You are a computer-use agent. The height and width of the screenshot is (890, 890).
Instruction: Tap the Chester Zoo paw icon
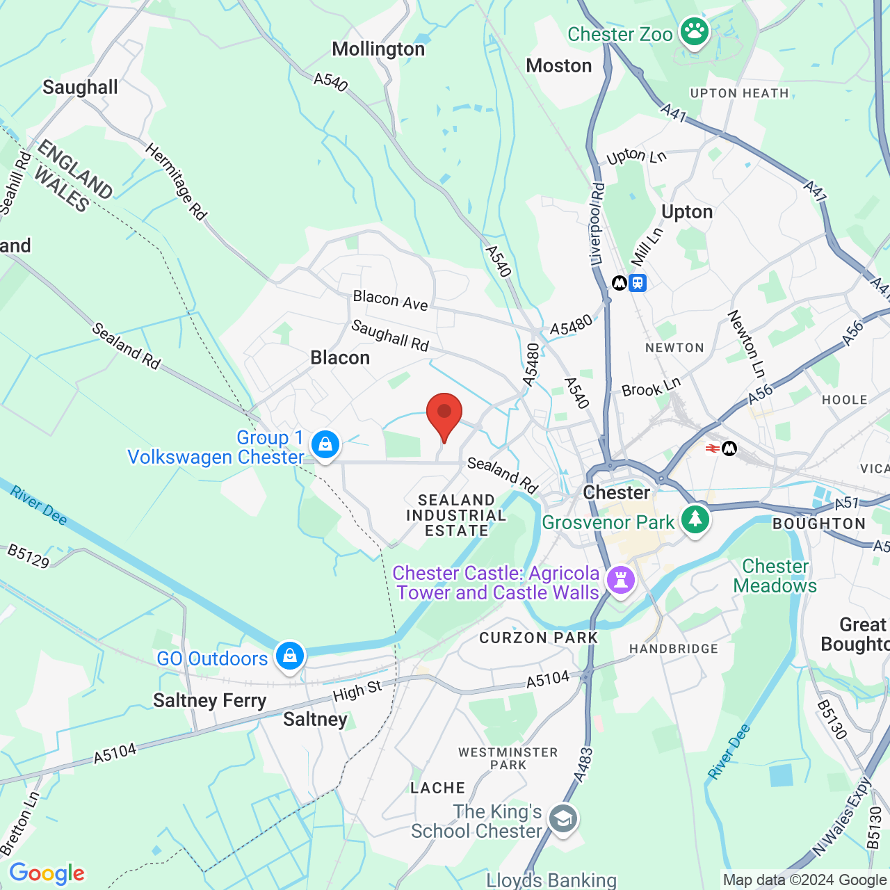pyautogui.click(x=694, y=32)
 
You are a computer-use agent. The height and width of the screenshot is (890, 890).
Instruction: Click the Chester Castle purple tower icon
pyautogui.click(x=620, y=579)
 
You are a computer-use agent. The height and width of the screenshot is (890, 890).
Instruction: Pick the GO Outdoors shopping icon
pyautogui.click(x=290, y=656)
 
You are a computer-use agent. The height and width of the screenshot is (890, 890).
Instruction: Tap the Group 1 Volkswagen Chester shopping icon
pyautogui.click(x=325, y=445)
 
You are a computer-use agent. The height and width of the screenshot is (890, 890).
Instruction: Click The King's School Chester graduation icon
pyautogui.click(x=563, y=819)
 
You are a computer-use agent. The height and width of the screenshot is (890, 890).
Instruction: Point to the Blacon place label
pyautogui.click(x=340, y=358)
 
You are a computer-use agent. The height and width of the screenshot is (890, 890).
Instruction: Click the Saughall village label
pyautogui.click(x=80, y=88)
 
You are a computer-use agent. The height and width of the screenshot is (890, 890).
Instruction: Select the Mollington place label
pyautogui.click(x=378, y=49)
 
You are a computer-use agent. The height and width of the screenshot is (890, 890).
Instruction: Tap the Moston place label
pyautogui.click(x=559, y=66)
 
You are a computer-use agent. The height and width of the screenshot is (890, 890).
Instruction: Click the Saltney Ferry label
pyautogui.click(x=209, y=700)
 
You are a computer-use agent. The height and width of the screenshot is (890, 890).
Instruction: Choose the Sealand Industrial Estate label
pyautogui.click(x=456, y=515)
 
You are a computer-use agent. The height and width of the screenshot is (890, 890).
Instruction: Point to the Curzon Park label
pyautogui.click(x=538, y=638)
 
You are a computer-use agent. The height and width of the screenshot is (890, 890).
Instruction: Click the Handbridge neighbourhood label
pyautogui.click(x=673, y=649)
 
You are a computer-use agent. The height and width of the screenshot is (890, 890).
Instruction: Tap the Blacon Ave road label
pyautogui.click(x=390, y=300)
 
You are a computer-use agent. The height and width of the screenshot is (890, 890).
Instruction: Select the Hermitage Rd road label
pyautogui.click(x=177, y=181)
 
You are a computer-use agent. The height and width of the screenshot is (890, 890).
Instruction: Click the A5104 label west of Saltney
pyautogui.click(x=115, y=753)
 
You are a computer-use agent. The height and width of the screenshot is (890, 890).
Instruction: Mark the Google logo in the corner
pyautogui.click(x=47, y=873)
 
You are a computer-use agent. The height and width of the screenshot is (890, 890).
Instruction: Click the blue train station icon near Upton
pyautogui.click(x=638, y=283)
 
